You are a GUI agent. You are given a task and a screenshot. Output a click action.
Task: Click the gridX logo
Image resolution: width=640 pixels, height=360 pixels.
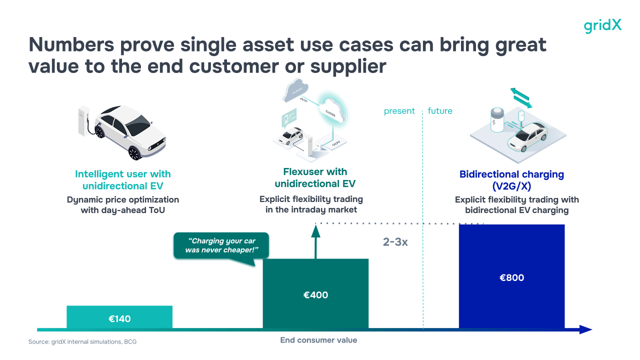(602, 25)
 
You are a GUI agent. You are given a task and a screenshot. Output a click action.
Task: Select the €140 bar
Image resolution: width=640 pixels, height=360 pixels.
(119, 317)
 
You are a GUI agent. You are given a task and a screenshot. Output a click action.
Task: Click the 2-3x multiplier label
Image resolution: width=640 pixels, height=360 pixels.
(395, 242)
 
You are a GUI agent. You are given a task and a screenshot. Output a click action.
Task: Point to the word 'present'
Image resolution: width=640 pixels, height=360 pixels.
(399, 111)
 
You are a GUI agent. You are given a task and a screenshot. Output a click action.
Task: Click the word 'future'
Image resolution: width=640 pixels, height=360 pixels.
(440, 111)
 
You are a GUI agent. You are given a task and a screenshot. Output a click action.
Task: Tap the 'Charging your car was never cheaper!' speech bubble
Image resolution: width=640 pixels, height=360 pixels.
(221, 245)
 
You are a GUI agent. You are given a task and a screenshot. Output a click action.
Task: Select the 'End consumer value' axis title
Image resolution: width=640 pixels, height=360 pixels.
(318, 340)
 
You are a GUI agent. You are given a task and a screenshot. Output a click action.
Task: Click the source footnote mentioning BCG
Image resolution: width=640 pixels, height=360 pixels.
(82, 342)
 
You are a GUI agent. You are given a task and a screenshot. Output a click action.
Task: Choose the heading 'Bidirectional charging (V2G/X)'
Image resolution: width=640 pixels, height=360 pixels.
(511, 179)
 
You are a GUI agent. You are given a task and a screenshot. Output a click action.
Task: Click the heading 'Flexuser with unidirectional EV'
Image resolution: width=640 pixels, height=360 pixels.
(315, 177)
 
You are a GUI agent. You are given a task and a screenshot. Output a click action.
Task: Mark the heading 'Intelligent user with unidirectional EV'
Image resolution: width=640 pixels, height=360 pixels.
(123, 179)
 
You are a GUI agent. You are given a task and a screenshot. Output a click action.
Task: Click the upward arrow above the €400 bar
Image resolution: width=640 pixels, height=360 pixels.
(315, 240)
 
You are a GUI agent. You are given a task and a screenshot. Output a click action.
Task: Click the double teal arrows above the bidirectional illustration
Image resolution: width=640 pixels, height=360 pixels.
(521, 98)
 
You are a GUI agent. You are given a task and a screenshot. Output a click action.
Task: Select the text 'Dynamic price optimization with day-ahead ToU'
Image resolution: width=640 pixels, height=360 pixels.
(123, 205)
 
